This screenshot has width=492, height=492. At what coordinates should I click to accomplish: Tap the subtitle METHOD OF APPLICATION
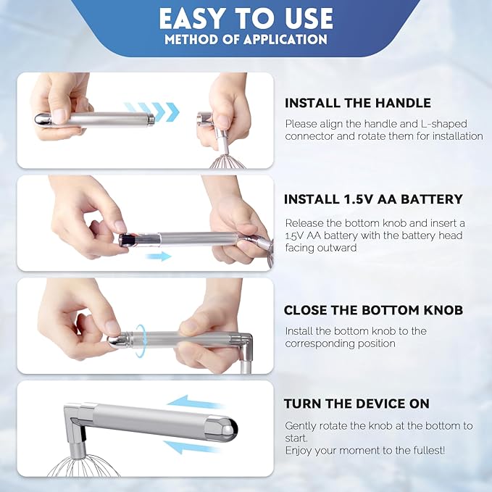(x=246, y=39)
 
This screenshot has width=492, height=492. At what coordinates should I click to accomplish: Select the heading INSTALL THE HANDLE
(x=357, y=103)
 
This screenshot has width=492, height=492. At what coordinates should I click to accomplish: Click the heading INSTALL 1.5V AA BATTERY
(x=373, y=199)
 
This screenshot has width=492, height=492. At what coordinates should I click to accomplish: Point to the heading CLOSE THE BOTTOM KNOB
(x=373, y=310)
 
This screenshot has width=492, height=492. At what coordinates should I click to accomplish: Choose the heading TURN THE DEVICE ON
(x=357, y=404)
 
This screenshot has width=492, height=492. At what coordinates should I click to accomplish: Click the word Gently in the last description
(x=302, y=426)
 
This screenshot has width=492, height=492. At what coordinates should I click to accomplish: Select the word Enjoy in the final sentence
(x=300, y=451)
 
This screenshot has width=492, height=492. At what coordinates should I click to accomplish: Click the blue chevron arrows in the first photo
(x=151, y=111)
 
